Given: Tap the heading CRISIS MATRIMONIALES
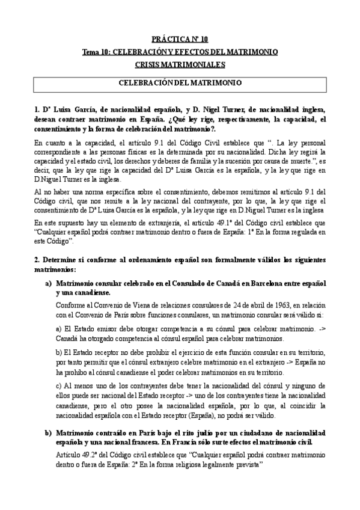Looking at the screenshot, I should [180, 64].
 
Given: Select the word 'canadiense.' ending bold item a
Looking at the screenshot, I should [91, 292].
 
